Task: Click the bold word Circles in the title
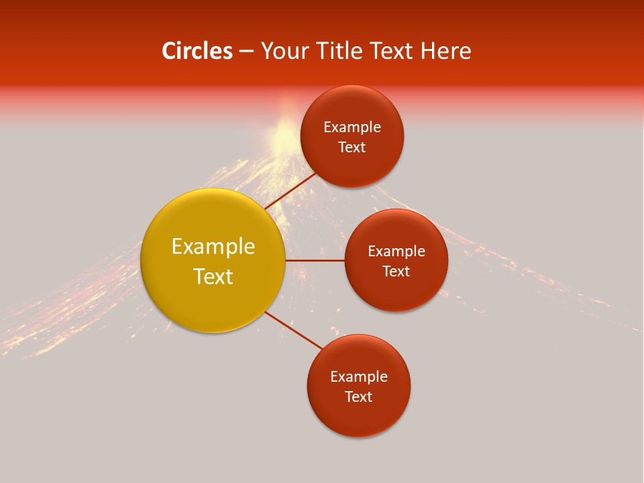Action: pos(197,51)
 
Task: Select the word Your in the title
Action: pos(282,51)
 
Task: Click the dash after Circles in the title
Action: pos(246,52)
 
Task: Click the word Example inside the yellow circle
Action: pos(213,247)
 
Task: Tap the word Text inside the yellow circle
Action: pos(213,276)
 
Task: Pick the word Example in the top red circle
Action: pos(352,127)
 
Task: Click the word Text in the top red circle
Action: pos(352,147)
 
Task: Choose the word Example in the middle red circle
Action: pos(396,252)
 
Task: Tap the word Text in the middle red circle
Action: pos(396,271)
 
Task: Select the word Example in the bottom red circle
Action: pos(359,377)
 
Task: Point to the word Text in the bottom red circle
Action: pos(359,396)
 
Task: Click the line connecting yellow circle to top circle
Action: pos(290,191)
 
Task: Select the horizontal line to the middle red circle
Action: pos(315,260)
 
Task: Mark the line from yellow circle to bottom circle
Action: pos(294,331)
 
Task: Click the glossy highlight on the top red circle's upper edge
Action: pos(352,91)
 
